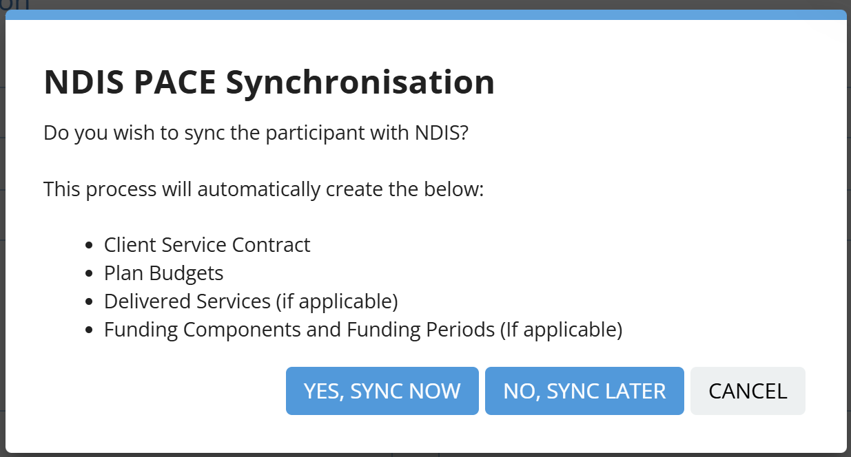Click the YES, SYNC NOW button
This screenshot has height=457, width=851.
[382, 390]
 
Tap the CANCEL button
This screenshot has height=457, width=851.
[748, 390]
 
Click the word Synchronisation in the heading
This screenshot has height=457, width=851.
[360, 83]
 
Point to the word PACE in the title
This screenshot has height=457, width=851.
[175, 82]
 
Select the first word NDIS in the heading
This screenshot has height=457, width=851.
[84, 82]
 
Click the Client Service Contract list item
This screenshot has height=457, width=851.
[207, 245]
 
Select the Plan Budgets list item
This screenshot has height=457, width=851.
[164, 273]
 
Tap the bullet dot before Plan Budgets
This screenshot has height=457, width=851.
[90, 273]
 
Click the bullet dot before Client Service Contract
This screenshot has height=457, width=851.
[90, 245]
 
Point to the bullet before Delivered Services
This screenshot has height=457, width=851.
[90, 301]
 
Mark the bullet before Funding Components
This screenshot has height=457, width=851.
[90, 330]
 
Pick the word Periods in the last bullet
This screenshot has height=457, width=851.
[460, 330]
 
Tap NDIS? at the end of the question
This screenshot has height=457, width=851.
[442, 133]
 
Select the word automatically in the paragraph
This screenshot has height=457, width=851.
[258, 189]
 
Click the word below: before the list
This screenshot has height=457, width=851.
[453, 189]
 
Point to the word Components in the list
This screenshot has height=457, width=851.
[242, 330]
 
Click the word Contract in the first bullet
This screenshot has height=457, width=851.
[271, 245]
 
